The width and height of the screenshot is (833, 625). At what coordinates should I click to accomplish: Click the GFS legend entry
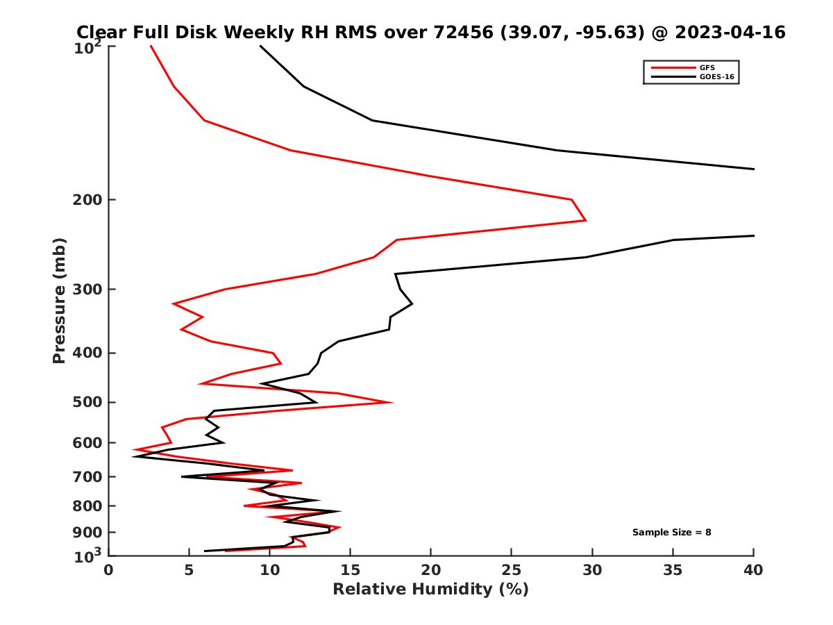pyautogui.click(x=707, y=67)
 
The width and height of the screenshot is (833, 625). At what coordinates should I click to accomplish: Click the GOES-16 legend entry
pyautogui.click(x=716, y=76)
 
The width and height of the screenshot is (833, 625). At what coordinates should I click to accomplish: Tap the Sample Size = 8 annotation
pyautogui.click(x=671, y=532)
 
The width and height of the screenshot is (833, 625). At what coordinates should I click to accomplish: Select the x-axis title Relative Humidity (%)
pyautogui.click(x=430, y=590)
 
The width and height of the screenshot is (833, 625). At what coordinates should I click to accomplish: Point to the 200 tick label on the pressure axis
pyautogui.click(x=87, y=200)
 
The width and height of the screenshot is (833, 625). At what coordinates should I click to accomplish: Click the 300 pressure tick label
pyautogui.click(x=87, y=290)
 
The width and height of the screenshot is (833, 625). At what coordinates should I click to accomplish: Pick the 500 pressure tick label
pyautogui.click(x=87, y=403)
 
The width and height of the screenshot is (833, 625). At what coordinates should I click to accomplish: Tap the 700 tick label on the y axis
pyautogui.click(x=87, y=477)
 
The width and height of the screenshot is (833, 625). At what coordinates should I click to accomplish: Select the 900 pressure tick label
pyautogui.click(x=87, y=533)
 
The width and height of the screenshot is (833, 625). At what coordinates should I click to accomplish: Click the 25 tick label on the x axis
pyautogui.click(x=512, y=570)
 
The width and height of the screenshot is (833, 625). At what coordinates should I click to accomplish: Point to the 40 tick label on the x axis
pyautogui.click(x=753, y=570)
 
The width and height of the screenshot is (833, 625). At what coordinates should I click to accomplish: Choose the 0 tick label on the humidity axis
pyautogui.click(x=109, y=570)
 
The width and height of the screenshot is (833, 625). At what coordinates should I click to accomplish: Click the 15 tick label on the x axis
pyautogui.click(x=351, y=570)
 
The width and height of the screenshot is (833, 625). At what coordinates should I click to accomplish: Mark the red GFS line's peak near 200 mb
pyautogui.click(x=585, y=220)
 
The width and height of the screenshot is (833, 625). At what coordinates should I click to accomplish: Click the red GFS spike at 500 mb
pyautogui.click(x=392, y=402)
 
